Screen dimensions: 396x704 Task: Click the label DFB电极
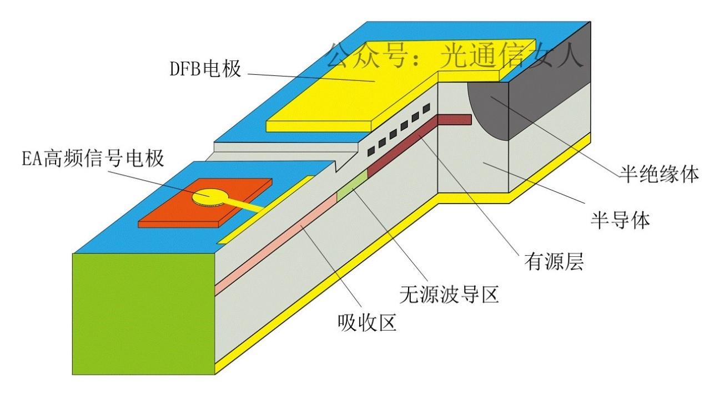pos(205,69)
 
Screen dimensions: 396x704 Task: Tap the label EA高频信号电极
pos(93,159)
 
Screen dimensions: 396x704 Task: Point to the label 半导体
pos(619,221)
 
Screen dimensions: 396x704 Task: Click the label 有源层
pos(554,261)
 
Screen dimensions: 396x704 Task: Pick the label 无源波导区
pos(449,294)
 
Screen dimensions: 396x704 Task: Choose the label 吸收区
pos(367,322)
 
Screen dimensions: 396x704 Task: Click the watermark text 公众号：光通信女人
pos(455,56)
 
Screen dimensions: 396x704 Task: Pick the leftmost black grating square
pos(370,150)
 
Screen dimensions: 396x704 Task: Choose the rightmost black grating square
pos(426,108)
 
